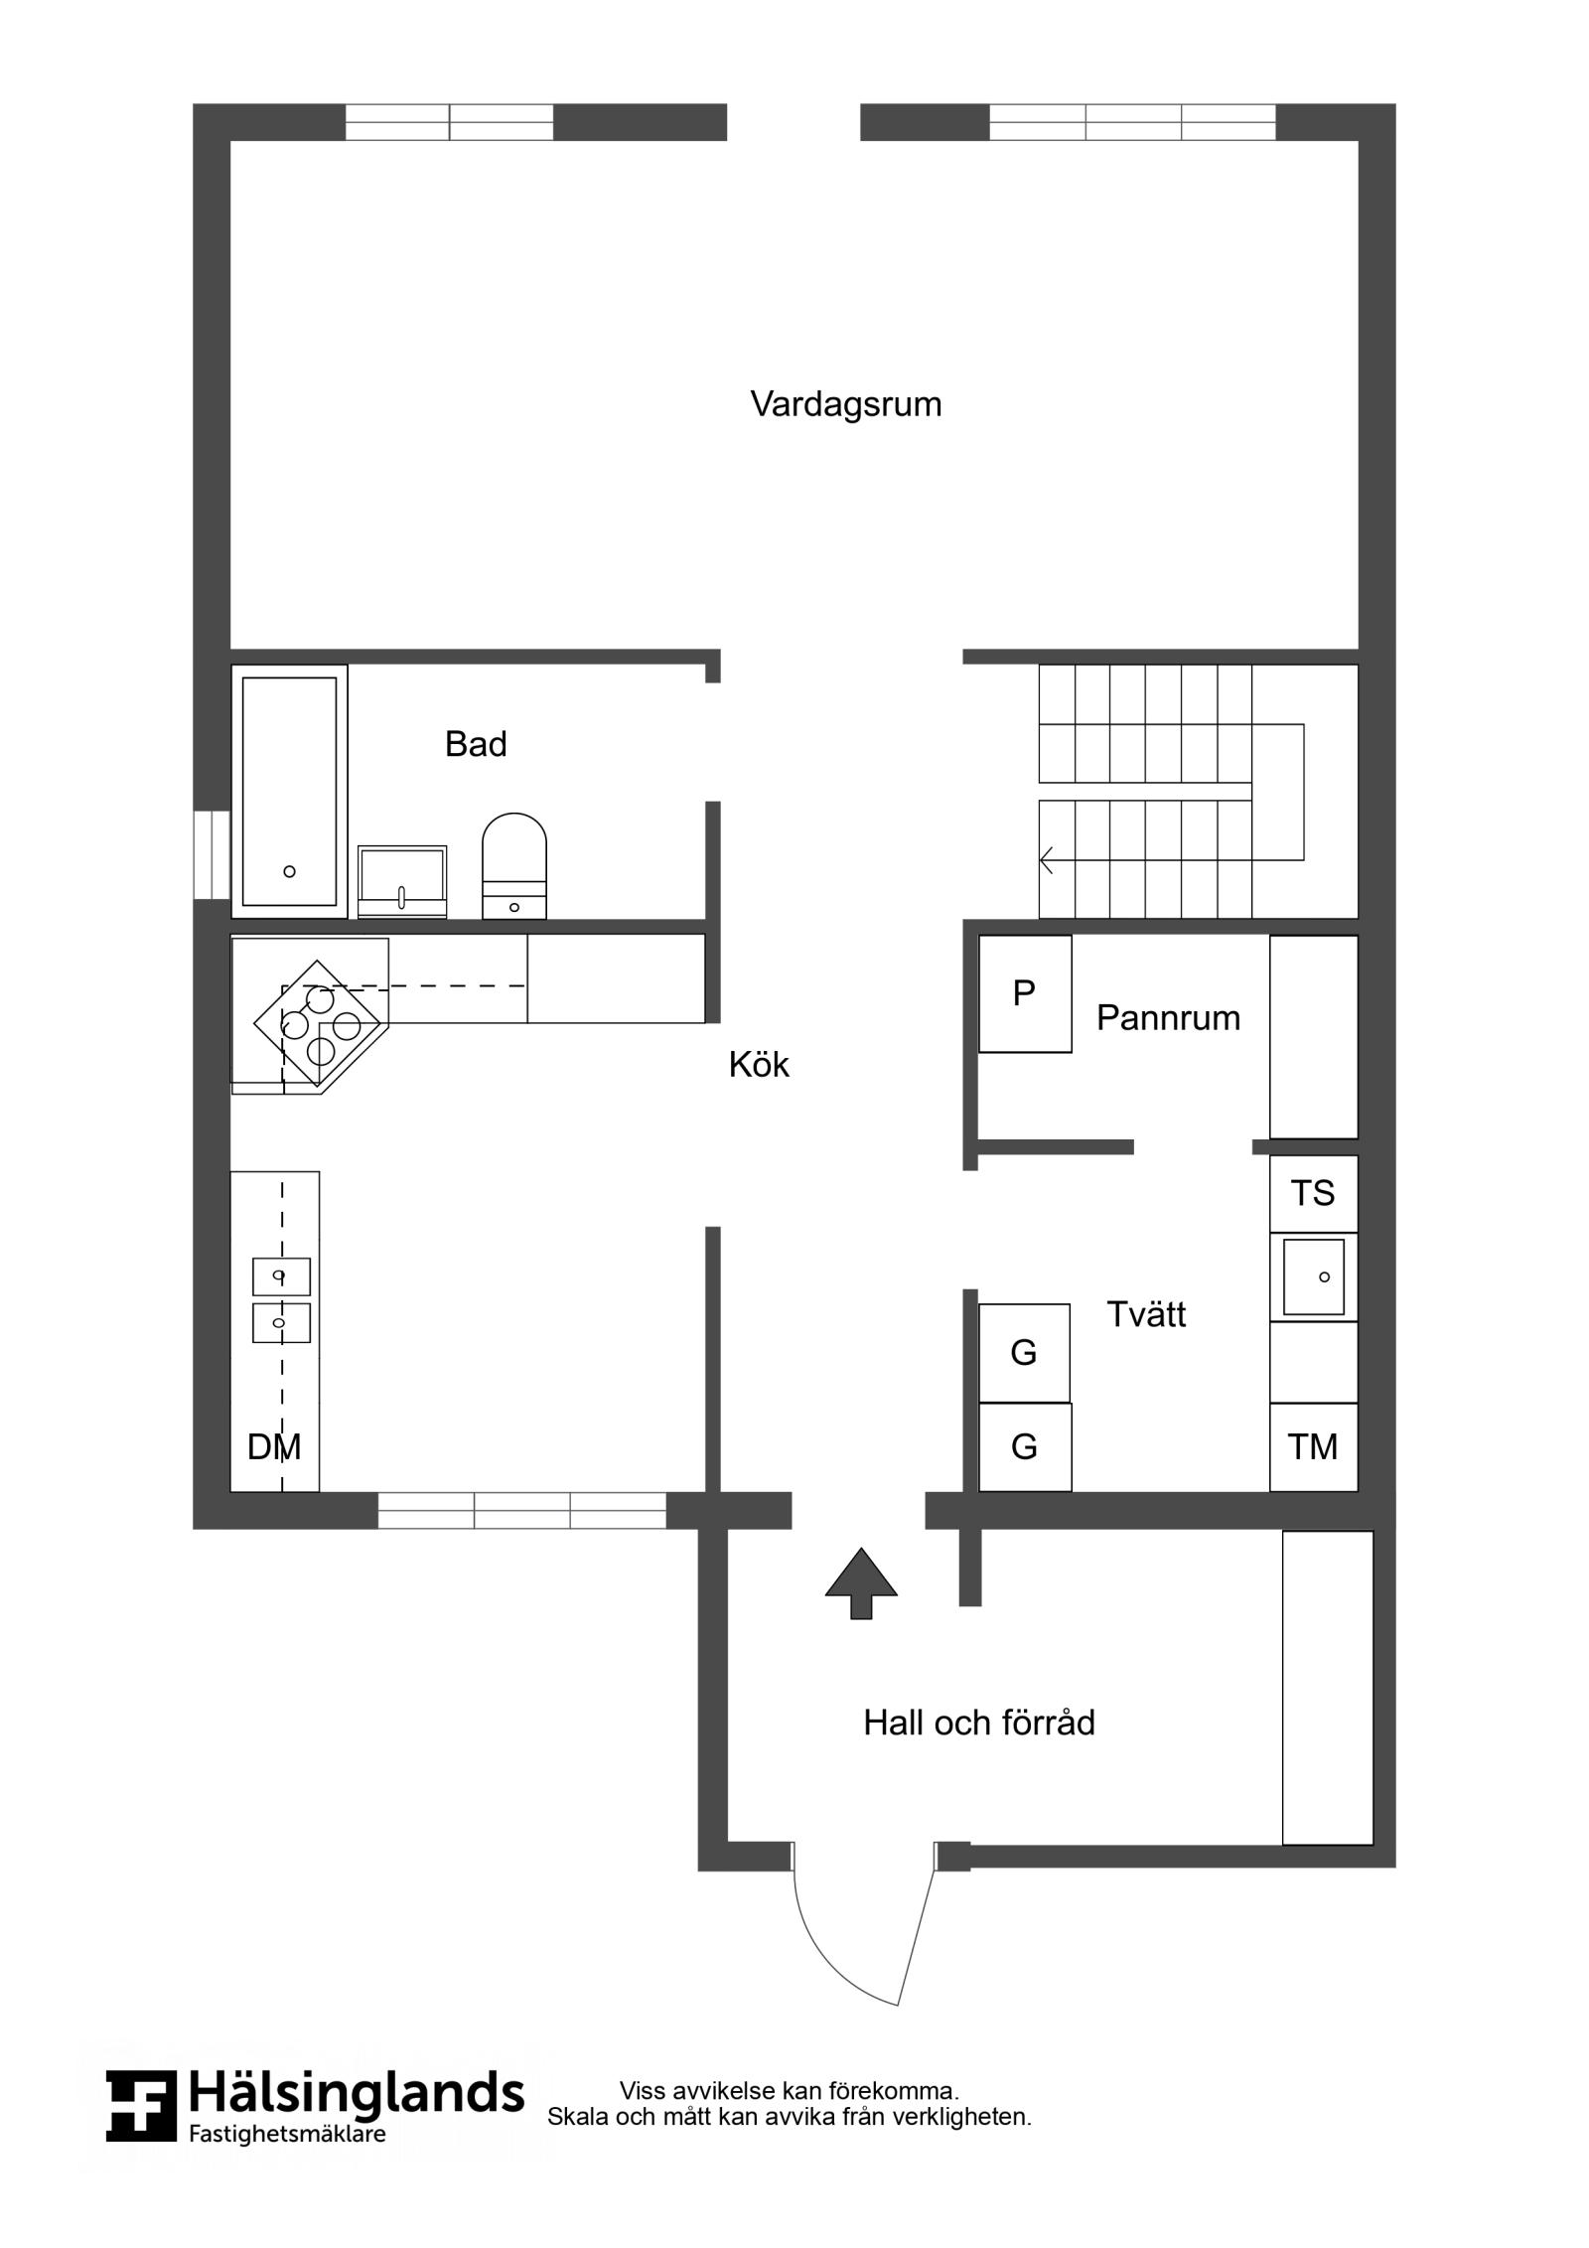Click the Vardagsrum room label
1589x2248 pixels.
tap(845, 404)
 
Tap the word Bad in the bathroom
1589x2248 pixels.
tap(476, 744)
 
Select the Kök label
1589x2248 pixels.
tap(759, 1065)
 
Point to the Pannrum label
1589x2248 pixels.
tap(1168, 1018)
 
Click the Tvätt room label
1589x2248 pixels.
tap(1146, 1314)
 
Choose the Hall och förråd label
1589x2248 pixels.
tap(978, 1723)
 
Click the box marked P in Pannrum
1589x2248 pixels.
tap(1025, 993)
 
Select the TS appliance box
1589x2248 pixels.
tap(1313, 1193)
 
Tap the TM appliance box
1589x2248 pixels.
tap(1313, 1447)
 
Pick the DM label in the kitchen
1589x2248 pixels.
tap(274, 1447)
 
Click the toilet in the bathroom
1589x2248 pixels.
tap(513, 866)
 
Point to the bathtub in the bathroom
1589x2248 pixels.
tap(289, 792)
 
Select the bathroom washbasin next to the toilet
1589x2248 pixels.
tap(401, 882)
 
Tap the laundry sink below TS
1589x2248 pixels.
tap(1313, 1276)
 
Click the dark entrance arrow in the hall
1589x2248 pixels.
tap(861, 1583)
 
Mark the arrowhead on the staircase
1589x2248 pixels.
tap(1046, 859)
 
